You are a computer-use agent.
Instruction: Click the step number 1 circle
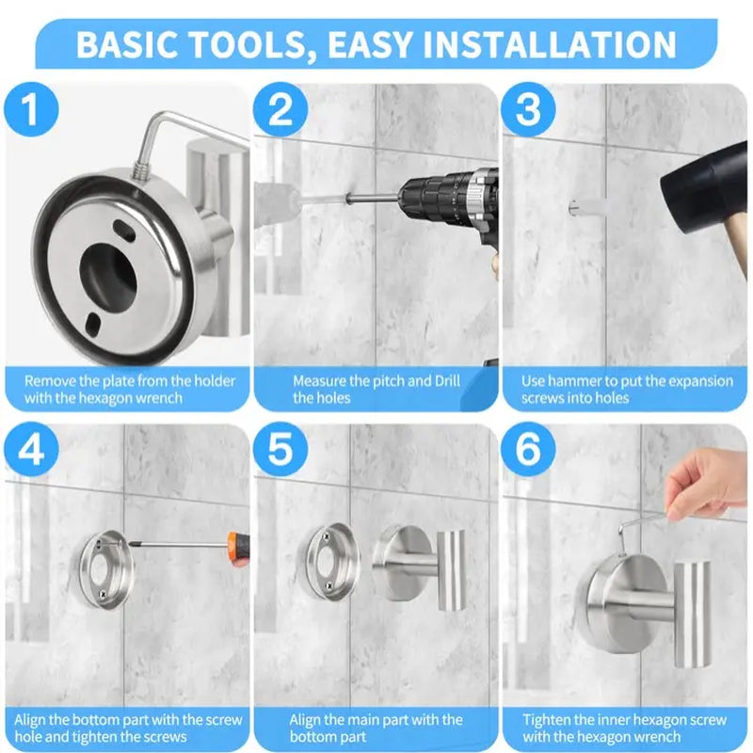(x=32, y=111)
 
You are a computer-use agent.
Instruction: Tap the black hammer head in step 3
(x=701, y=193)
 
